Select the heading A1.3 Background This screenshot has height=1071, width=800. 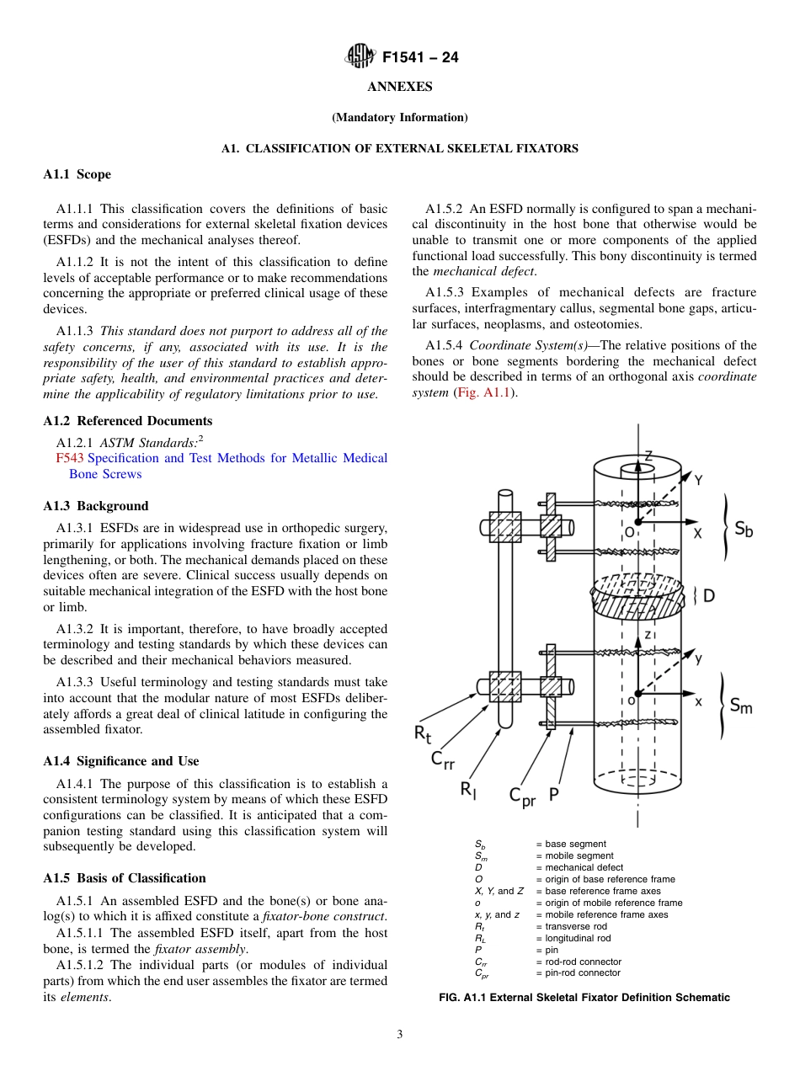pyautogui.click(x=96, y=506)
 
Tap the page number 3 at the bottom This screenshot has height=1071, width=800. pyautogui.click(x=400, y=1035)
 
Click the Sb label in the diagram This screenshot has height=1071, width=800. pyautogui.click(x=743, y=529)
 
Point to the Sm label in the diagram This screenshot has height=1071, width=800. pyautogui.click(x=740, y=706)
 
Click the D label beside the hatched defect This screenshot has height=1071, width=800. pyautogui.click(x=708, y=595)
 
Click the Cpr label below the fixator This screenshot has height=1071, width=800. pyautogui.click(x=521, y=796)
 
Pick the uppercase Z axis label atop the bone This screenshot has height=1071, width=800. pyautogui.click(x=648, y=456)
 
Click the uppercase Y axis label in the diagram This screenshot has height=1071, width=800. pyautogui.click(x=698, y=479)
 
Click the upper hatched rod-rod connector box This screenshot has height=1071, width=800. pyautogui.click(x=505, y=527)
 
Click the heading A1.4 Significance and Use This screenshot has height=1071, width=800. pyautogui.click(x=121, y=761)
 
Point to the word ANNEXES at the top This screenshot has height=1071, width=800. pyautogui.click(x=399, y=87)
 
